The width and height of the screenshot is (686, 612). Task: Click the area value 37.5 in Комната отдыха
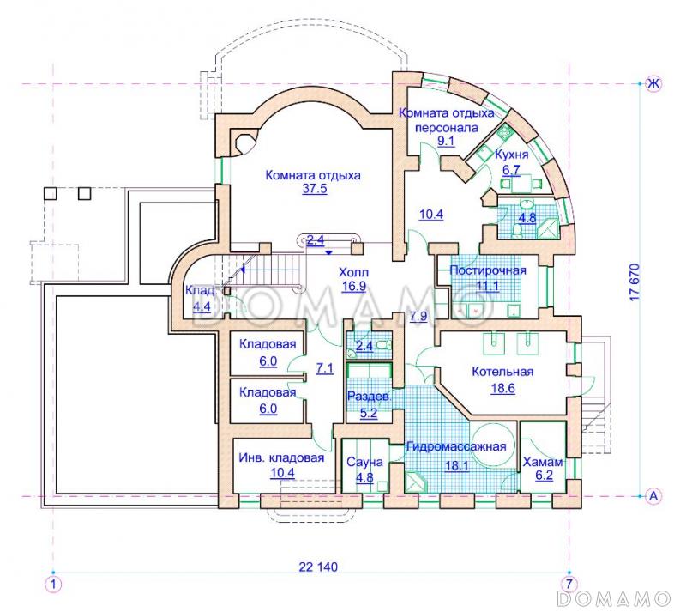[x=315, y=189]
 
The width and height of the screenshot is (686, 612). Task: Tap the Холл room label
[x=353, y=272]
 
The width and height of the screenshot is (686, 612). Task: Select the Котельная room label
[x=502, y=372]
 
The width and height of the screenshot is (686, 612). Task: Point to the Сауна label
[x=364, y=462]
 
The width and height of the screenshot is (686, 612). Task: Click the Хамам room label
[x=543, y=462]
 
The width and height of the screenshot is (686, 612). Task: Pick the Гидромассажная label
[x=456, y=446]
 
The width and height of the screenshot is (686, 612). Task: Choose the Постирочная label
[x=488, y=270]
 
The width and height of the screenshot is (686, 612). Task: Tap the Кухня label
[x=511, y=155]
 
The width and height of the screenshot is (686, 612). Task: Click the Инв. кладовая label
[x=281, y=458]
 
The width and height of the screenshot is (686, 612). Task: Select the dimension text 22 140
[x=318, y=567]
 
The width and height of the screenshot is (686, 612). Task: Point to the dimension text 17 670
[x=635, y=282]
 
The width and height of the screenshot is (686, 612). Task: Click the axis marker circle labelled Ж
[x=653, y=83]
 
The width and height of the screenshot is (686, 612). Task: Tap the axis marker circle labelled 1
[x=53, y=584]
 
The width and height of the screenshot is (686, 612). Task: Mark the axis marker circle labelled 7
[x=569, y=584]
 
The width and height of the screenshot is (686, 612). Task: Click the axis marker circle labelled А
[x=653, y=496]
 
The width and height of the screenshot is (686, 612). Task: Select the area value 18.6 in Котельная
[x=502, y=388]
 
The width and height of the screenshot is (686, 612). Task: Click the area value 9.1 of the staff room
[x=446, y=141]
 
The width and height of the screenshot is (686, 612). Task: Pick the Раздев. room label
[x=368, y=397]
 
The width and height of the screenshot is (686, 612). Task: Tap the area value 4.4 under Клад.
[x=202, y=306]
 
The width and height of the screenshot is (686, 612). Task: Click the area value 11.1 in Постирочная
[x=487, y=287]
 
